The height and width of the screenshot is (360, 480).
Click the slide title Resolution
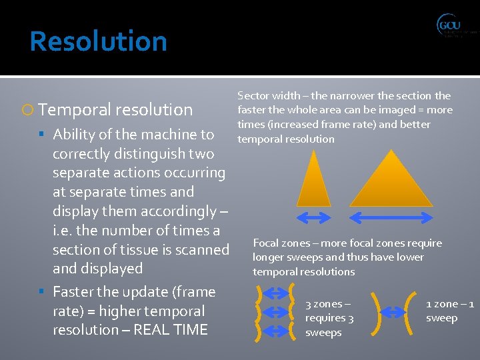pyautogui.click(x=98, y=41)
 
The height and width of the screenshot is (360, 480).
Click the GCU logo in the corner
pyautogui.click(x=456, y=27)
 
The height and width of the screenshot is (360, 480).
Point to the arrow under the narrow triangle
pyautogui.click(x=313, y=217)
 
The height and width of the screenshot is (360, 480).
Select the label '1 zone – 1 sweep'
pyautogui.click(x=450, y=311)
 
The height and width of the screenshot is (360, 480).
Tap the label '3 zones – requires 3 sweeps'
pyautogui.click(x=329, y=318)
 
